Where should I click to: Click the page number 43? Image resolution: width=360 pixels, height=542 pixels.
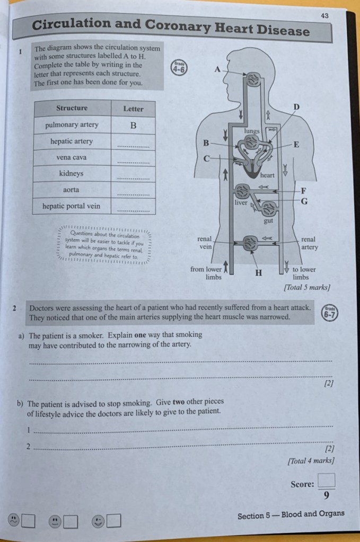point(324,16)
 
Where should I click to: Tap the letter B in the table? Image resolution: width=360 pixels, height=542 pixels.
point(133,126)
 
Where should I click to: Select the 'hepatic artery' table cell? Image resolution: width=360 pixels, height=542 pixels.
point(72,141)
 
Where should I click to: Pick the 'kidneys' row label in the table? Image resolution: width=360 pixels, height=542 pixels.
point(72,174)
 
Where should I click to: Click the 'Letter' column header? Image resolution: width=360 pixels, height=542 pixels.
point(133,109)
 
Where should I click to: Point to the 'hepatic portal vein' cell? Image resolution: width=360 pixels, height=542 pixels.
point(72,206)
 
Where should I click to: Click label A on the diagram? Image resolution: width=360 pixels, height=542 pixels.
point(217,69)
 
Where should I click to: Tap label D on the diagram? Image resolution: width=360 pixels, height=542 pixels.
point(296,108)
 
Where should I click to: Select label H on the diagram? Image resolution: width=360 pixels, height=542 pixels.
point(259,273)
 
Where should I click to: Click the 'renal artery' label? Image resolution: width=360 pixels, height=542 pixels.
point(309,243)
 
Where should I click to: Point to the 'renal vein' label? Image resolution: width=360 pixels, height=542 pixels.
point(205,243)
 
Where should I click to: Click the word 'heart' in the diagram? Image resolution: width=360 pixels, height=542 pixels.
point(267,175)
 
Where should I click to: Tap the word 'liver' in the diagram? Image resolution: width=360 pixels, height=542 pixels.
point(241,202)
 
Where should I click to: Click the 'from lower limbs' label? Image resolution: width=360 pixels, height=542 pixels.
point(206,273)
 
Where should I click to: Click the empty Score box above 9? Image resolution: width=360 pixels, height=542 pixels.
point(327,479)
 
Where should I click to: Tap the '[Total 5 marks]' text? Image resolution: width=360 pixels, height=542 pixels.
point(307,288)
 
